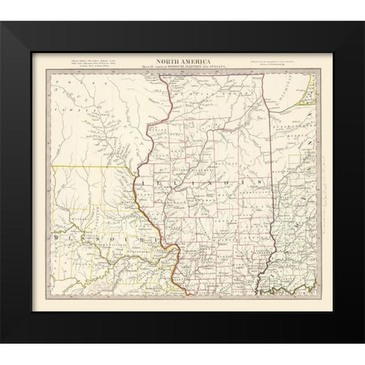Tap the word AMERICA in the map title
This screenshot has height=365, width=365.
pos(192,63)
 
